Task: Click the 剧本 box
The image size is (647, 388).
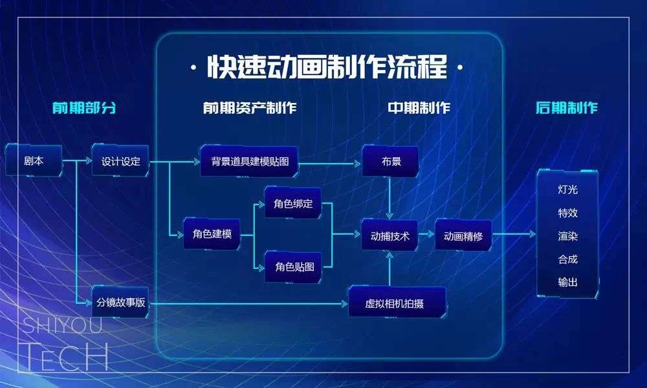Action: [x=34, y=160]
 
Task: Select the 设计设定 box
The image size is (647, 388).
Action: [x=120, y=161]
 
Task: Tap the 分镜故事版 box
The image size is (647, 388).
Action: [x=120, y=302]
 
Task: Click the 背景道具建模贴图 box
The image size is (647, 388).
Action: [x=250, y=161]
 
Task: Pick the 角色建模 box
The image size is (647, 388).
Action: [x=212, y=234]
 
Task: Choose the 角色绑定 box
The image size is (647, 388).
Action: [x=293, y=203]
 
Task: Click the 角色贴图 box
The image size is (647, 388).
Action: [x=294, y=267]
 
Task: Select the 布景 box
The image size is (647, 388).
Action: [x=390, y=161]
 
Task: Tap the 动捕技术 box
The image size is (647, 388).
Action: [x=390, y=235]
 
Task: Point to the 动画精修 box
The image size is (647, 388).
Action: [x=463, y=235]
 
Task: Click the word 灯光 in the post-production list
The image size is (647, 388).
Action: [x=568, y=189]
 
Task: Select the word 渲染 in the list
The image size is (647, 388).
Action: [x=568, y=236]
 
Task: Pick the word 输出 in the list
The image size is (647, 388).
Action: [x=568, y=282]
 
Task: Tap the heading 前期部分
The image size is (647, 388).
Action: [x=84, y=107]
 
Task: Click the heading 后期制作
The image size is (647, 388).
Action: [x=567, y=107]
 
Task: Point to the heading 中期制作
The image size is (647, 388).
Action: [x=419, y=107]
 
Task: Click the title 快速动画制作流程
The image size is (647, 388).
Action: [x=327, y=67]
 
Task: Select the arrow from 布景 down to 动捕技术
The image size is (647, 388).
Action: [x=389, y=198]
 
